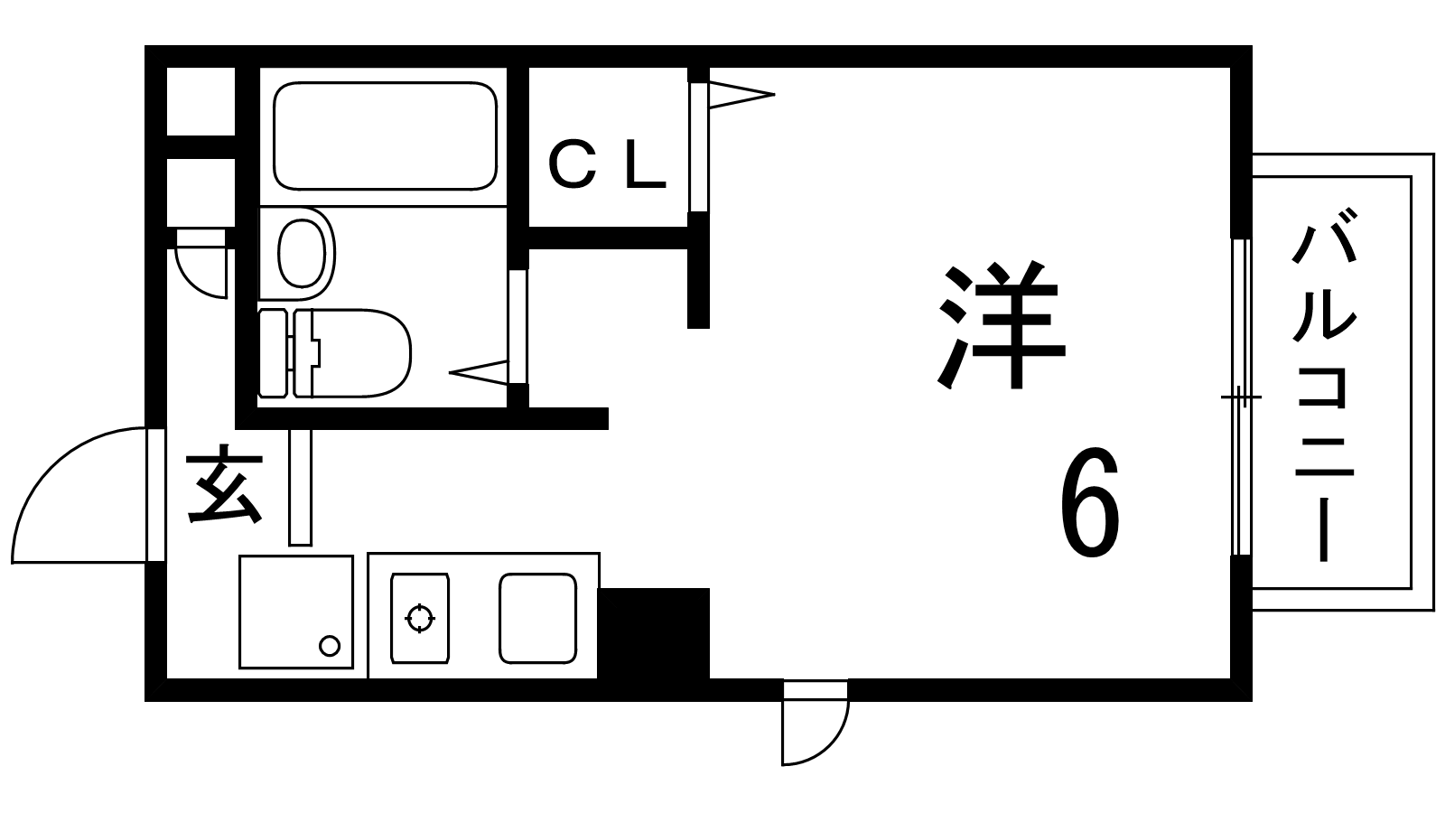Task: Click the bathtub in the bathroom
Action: point(385,136)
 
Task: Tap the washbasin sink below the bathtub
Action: point(302,253)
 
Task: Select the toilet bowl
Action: point(352,353)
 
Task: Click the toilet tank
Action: point(272,353)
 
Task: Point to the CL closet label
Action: point(606,166)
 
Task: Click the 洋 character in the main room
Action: point(1001,324)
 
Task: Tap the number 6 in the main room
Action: point(1089,501)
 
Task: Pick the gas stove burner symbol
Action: point(420,618)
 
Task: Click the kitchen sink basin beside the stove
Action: point(538,618)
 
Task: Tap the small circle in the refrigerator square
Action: point(330,645)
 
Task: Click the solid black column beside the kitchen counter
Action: point(654,633)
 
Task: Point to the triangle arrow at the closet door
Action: point(741,95)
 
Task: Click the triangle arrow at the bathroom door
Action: point(479,372)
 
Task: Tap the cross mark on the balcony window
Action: point(1241,397)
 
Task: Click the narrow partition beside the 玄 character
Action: point(301,488)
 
